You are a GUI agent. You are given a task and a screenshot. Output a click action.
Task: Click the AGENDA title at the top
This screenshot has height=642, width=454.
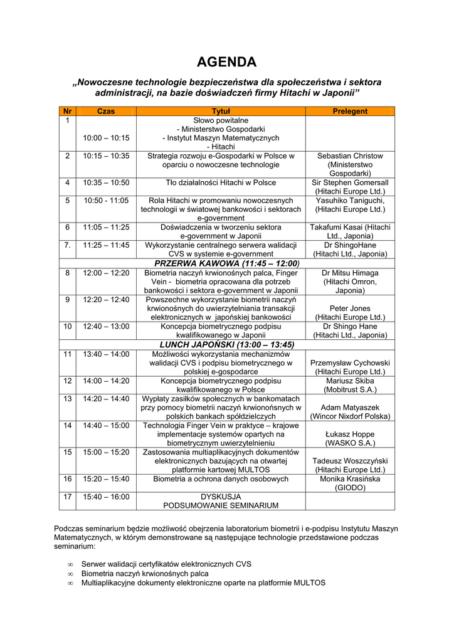(x=226, y=62)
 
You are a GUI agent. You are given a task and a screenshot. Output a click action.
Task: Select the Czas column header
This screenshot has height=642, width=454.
(x=106, y=111)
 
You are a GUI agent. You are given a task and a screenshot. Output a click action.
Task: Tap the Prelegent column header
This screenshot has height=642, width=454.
(x=350, y=111)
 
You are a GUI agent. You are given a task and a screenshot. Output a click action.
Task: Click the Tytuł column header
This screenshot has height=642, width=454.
(x=221, y=111)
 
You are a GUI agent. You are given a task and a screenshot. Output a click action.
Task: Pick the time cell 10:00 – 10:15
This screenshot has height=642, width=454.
(x=106, y=138)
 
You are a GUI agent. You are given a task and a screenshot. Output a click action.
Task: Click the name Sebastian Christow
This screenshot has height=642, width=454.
(x=350, y=155)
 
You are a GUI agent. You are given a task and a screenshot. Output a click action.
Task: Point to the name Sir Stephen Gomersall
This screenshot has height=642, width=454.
(x=350, y=182)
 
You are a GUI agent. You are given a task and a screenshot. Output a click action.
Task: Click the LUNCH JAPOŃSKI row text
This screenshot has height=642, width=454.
(x=226, y=345)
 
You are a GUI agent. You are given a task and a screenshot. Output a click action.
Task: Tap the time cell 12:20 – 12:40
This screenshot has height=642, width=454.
(x=106, y=300)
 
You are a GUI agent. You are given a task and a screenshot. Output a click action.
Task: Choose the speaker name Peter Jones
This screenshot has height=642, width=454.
(x=350, y=308)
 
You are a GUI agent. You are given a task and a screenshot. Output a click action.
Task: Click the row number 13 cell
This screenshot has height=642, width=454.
(x=67, y=399)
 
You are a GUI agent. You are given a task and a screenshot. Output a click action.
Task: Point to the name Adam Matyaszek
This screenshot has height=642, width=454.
(x=350, y=408)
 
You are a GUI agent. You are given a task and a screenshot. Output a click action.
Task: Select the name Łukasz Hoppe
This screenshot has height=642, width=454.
(x=350, y=434)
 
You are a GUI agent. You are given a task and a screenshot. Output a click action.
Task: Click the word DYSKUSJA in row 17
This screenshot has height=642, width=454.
(x=221, y=497)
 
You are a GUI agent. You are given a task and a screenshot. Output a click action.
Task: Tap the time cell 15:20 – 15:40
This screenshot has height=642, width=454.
(x=106, y=479)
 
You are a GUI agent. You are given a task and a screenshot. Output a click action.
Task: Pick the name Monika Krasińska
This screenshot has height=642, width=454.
(x=350, y=479)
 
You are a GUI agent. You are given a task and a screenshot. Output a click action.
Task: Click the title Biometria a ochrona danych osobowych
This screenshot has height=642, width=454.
(x=221, y=479)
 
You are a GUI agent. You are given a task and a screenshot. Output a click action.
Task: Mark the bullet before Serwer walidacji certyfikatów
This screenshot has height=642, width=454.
(x=71, y=564)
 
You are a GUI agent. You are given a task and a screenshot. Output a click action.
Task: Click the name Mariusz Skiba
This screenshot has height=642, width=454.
(x=350, y=381)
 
